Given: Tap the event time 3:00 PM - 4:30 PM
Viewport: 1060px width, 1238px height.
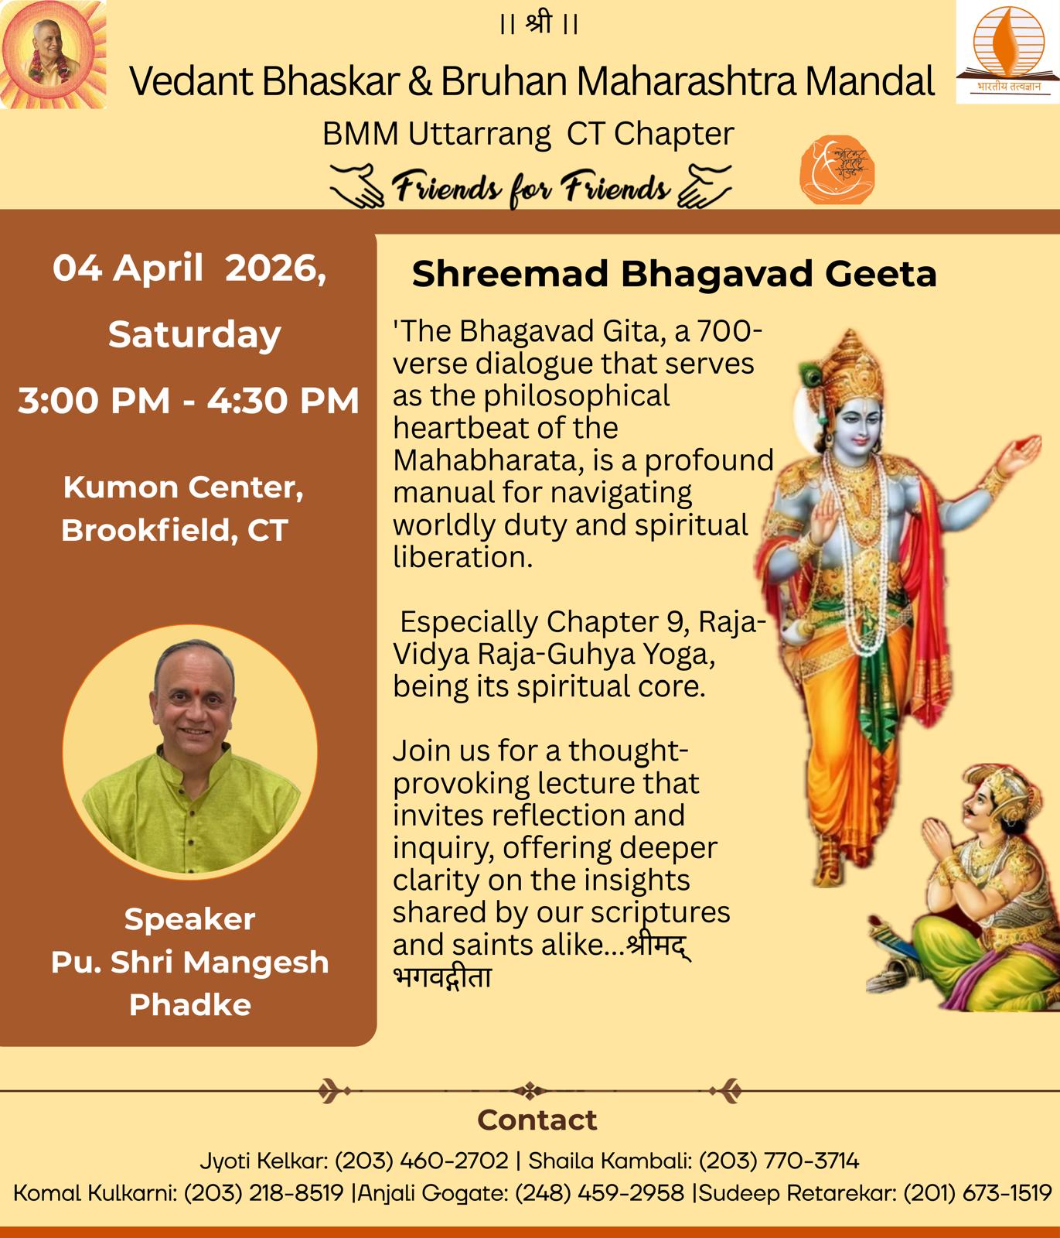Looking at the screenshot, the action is pyautogui.click(x=189, y=401).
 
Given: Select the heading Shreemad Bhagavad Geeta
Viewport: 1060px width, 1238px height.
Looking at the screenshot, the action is pyautogui.click(x=674, y=274).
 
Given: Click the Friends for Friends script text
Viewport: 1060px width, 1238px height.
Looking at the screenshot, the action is pyautogui.click(x=531, y=188).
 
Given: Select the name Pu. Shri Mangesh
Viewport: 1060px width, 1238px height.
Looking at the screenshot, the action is pyautogui.click(x=189, y=962).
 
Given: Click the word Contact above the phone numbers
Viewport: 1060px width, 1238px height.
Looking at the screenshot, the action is pyautogui.click(x=537, y=1120).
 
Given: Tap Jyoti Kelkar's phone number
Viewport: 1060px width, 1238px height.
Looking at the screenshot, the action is pyautogui.click(x=421, y=1161).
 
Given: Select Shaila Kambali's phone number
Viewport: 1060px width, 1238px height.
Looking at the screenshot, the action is pyautogui.click(x=779, y=1161).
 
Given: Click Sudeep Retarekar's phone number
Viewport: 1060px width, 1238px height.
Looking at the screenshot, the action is pyautogui.click(x=977, y=1192).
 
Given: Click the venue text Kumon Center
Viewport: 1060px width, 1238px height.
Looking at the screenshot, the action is pyautogui.click(x=183, y=487).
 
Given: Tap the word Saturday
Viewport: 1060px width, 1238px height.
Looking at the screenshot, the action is pyautogui.click(x=194, y=335).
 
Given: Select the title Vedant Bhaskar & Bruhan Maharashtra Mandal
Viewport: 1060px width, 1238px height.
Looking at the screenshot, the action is pyautogui.click(x=532, y=80).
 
